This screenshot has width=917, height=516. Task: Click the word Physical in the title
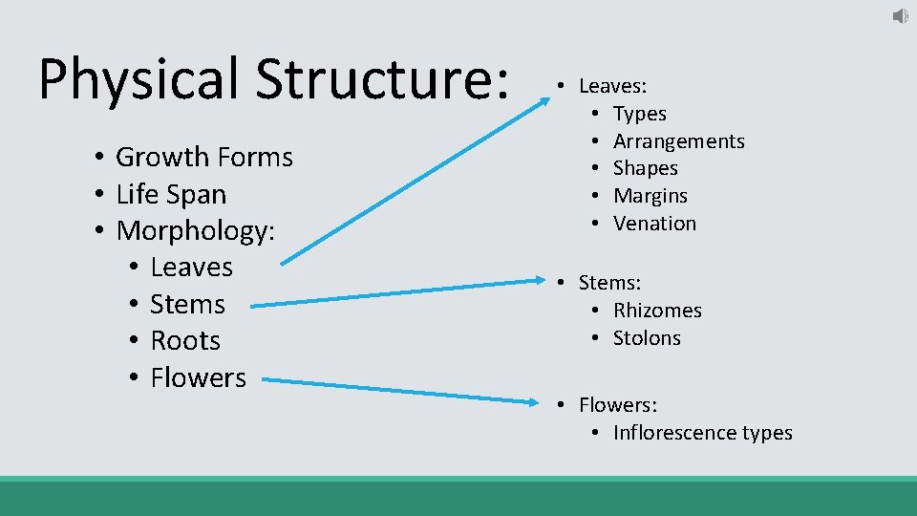138,79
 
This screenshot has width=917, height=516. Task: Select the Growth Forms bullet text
203,157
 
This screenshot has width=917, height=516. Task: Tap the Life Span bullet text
171,194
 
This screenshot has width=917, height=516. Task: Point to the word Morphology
195,230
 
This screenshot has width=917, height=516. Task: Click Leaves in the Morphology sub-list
191,268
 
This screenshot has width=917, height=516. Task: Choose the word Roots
185,341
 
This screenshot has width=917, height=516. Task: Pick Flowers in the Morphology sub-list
198,377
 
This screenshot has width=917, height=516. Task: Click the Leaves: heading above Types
612,86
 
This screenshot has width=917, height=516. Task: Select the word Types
639,114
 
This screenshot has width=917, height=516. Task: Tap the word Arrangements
678,141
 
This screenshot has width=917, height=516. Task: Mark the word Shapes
645,168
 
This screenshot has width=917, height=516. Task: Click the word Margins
650,196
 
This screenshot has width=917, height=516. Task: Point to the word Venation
654,224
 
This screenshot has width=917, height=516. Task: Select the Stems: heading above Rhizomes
609,283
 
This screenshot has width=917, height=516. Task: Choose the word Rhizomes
657,311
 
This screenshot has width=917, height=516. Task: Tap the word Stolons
647,338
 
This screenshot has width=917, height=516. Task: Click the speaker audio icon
900,16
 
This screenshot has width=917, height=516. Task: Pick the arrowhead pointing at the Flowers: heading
536,401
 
